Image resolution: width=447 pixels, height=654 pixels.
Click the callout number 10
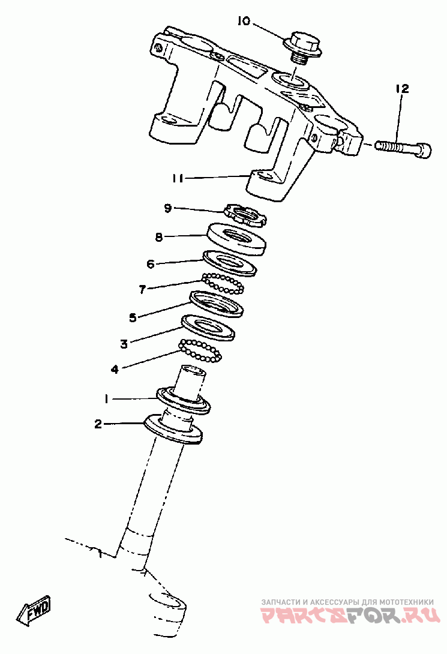(244, 21)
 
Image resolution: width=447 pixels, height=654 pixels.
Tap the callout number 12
(402, 89)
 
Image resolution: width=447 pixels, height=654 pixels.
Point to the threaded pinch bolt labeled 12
(403, 148)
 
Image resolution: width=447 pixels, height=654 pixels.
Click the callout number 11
(178, 178)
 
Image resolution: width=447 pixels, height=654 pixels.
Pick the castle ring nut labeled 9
(244, 214)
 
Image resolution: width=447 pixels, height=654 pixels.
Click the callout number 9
(168, 208)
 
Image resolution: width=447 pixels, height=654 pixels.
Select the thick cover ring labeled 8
(236, 239)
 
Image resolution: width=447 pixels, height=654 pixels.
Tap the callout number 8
(159, 238)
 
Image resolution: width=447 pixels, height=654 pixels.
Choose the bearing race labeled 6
(230, 263)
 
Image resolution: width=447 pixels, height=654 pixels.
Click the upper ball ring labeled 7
(223, 284)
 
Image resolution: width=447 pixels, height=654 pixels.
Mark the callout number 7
(142, 289)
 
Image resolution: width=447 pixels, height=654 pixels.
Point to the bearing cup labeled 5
(216, 304)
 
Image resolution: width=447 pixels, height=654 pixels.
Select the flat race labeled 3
(208, 328)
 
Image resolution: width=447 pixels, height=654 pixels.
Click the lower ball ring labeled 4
(200, 350)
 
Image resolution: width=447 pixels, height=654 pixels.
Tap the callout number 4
(115, 369)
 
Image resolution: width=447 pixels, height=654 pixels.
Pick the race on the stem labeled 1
(184, 401)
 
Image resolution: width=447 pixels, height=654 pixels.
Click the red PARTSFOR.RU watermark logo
(350, 614)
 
